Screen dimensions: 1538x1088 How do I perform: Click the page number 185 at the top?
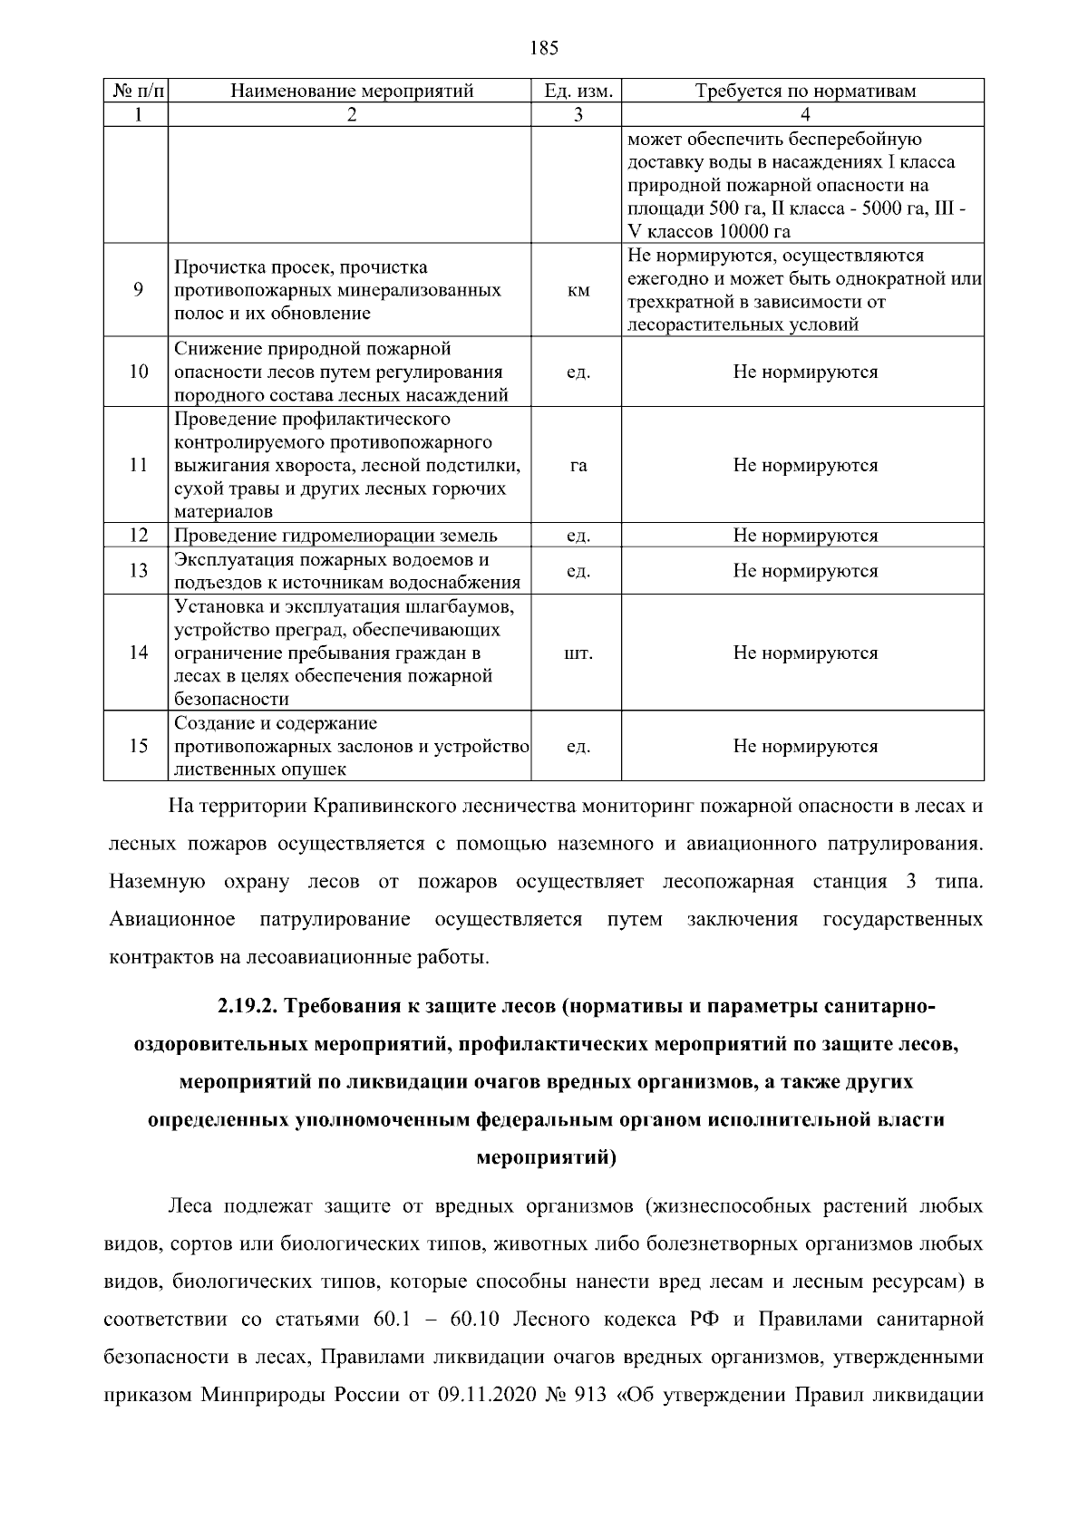(543, 48)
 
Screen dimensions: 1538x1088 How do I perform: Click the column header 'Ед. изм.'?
(578, 91)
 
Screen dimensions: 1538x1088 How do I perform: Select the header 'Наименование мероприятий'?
(352, 91)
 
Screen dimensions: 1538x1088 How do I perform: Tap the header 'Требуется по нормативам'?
(805, 91)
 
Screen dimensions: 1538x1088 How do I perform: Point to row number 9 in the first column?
(138, 291)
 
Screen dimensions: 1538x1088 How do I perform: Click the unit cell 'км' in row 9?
(578, 291)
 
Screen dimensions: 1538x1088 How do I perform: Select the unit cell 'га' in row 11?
(578, 466)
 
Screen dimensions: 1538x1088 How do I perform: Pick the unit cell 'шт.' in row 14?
(578, 653)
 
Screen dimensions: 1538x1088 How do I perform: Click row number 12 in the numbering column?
(138, 536)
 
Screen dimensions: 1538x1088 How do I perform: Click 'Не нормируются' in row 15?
(805, 747)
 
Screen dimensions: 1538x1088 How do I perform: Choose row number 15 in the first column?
(138, 747)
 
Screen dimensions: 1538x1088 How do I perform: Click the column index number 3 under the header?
(578, 114)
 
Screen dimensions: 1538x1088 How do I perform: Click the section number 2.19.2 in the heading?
(249, 1007)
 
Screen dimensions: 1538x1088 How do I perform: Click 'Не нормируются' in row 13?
(805, 571)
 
